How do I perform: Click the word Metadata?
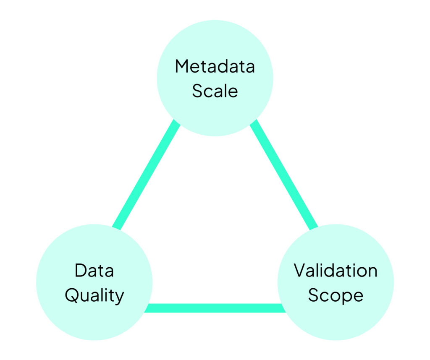pyautogui.click(x=215, y=66)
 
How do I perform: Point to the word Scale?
pyautogui.click(x=215, y=91)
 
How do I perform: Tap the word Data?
pyautogui.click(x=94, y=271)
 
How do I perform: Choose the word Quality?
pyautogui.click(x=94, y=295)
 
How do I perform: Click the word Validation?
pyautogui.click(x=336, y=271)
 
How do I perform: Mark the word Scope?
pyautogui.click(x=336, y=295)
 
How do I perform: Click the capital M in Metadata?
pyautogui.click(x=181, y=66)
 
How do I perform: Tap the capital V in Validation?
pyautogui.click(x=299, y=271)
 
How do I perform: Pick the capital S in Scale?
pyautogui.click(x=197, y=91)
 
